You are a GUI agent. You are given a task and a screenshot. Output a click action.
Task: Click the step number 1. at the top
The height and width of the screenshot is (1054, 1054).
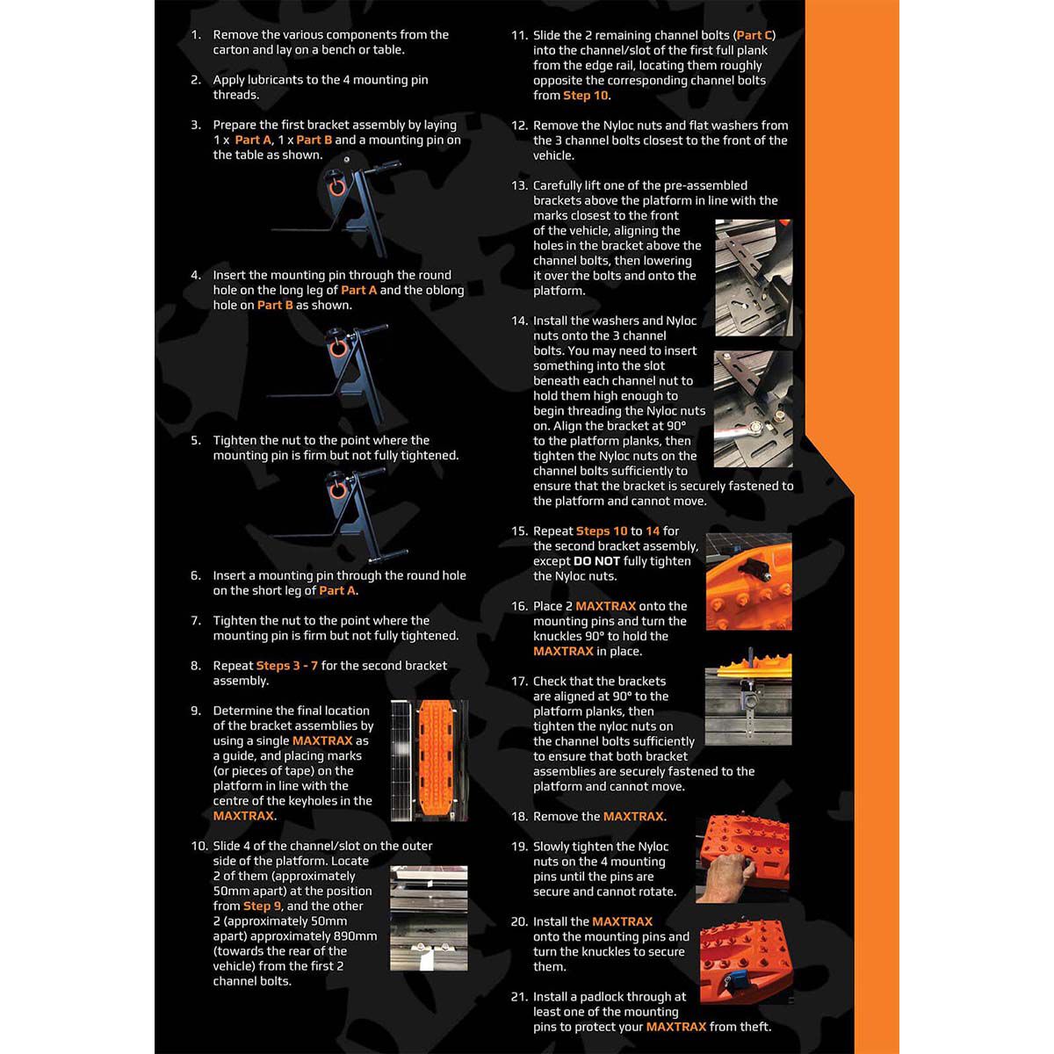196,35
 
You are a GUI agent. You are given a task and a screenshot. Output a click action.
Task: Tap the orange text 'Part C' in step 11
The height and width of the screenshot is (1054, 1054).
754,35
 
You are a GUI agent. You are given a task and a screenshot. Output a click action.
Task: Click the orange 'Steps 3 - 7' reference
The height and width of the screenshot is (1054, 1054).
286,666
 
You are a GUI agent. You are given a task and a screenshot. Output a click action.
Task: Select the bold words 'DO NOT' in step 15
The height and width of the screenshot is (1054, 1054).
596,561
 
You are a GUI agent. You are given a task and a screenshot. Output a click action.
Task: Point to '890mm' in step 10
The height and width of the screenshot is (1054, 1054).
355,936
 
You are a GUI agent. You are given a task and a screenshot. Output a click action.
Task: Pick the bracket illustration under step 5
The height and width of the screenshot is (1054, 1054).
338,514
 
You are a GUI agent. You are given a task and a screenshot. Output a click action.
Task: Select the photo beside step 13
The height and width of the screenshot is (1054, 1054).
753,278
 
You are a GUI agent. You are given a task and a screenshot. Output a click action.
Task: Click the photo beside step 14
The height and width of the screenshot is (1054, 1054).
753,409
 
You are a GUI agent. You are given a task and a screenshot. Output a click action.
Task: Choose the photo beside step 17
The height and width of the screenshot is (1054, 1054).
748,699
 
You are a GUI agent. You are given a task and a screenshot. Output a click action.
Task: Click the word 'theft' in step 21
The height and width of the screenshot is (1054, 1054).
754,1027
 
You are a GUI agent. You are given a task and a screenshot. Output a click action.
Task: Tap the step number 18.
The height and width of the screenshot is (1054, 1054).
519,817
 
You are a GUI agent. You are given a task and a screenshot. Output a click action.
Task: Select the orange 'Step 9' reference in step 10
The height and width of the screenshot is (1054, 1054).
262,906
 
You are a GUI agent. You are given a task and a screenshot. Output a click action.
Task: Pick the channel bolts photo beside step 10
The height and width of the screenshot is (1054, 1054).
429,918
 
